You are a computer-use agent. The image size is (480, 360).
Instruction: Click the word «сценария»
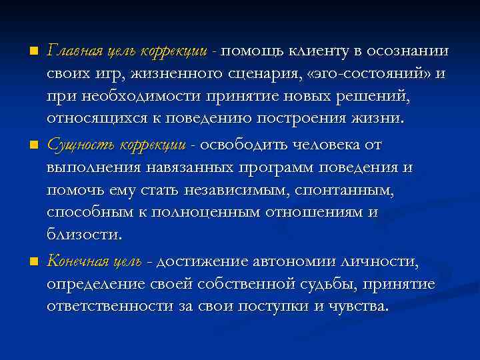click(x=253, y=75)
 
